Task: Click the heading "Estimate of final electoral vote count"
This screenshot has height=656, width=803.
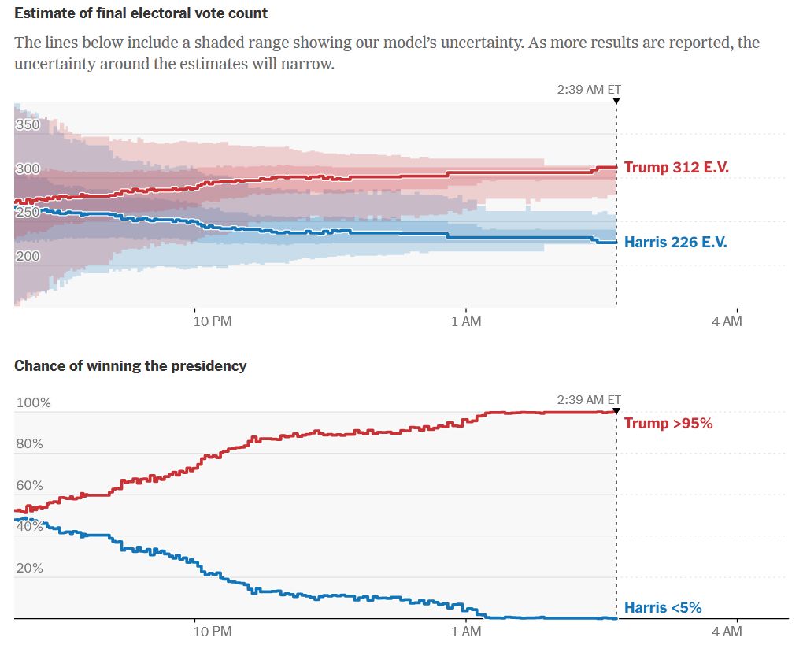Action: click(x=141, y=13)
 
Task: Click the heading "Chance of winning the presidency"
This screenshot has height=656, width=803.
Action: click(x=130, y=365)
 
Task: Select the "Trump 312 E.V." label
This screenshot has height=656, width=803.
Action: click(x=675, y=167)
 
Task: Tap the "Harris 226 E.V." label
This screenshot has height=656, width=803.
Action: click(x=675, y=243)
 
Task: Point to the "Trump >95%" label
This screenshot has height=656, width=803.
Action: click(x=668, y=423)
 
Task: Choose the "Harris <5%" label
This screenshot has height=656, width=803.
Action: click(x=662, y=607)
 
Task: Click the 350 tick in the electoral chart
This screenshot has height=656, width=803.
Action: click(x=27, y=124)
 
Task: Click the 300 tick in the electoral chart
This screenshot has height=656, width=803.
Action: click(x=27, y=169)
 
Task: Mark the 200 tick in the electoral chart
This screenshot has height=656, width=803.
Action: click(x=27, y=256)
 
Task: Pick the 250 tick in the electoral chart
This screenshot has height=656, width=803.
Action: click(x=27, y=212)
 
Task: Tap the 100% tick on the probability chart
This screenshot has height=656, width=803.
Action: click(x=34, y=402)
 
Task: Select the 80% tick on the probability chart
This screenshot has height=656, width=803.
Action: click(x=31, y=443)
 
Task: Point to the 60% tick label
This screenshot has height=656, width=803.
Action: click(x=31, y=485)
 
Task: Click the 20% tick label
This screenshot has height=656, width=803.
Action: click(x=31, y=568)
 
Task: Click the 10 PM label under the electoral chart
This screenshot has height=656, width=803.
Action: click(x=213, y=321)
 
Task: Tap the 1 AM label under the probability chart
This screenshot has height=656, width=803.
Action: click(x=466, y=631)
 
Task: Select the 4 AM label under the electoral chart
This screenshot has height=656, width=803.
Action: click(x=726, y=321)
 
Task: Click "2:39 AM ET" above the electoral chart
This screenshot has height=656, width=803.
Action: click(x=588, y=89)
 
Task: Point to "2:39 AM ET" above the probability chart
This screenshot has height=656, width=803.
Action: click(x=588, y=399)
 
